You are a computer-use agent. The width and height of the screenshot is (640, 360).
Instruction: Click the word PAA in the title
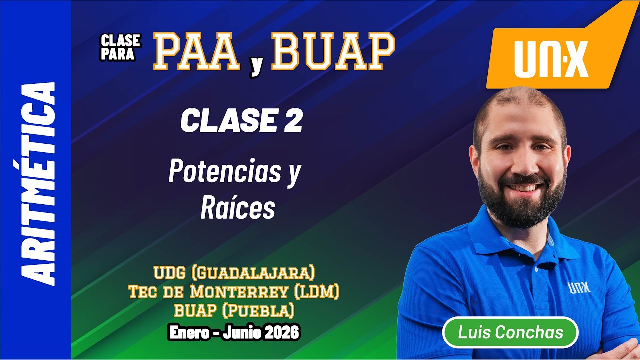[196, 52]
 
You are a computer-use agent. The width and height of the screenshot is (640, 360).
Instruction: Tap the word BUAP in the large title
[333, 52]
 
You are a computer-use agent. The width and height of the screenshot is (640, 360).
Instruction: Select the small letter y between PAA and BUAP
[256, 67]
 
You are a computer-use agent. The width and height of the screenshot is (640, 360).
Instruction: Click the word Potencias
[225, 172]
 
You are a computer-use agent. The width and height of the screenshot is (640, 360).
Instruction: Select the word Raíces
[238, 208]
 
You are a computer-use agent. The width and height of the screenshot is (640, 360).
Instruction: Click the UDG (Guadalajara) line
[234, 273]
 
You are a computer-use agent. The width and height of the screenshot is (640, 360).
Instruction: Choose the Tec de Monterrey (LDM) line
[234, 291]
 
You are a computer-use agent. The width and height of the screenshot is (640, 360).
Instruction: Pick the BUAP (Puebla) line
[234, 310]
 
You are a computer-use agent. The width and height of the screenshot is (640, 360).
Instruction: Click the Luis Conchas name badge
[510, 332]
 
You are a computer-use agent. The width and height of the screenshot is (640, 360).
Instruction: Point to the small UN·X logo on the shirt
[580, 288]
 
